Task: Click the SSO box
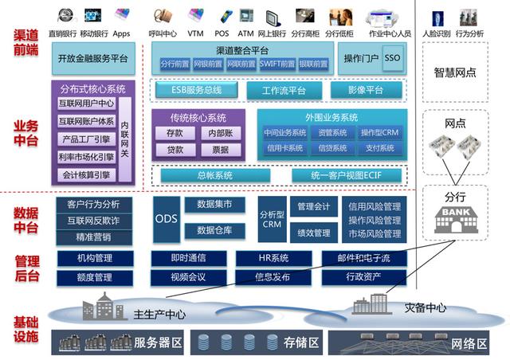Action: [393, 60]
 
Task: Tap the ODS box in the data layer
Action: [166, 218]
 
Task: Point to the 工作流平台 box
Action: [284, 91]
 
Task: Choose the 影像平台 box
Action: [365, 91]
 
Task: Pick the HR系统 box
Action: [273, 258]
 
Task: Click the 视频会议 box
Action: [188, 277]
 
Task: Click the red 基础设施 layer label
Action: [25, 329]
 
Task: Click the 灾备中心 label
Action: [424, 308]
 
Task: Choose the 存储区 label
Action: [303, 343]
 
